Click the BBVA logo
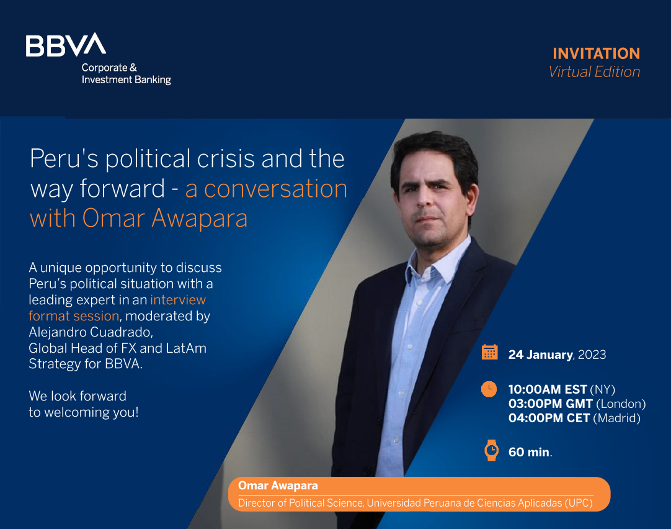[x=66, y=45]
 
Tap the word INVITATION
[x=596, y=53]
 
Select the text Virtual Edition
[x=594, y=71]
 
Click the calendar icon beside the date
[x=489, y=352]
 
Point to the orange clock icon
[x=489, y=389]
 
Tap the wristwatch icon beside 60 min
[x=491, y=450]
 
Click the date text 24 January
[x=540, y=355]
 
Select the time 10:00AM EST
[x=548, y=389]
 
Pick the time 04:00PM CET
[x=549, y=418]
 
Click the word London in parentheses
[x=621, y=404]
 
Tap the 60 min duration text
[x=530, y=453]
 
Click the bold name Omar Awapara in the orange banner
[x=278, y=486]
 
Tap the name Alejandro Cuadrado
[x=91, y=332]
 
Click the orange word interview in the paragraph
[x=178, y=300]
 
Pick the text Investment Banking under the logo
[x=127, y=79]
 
